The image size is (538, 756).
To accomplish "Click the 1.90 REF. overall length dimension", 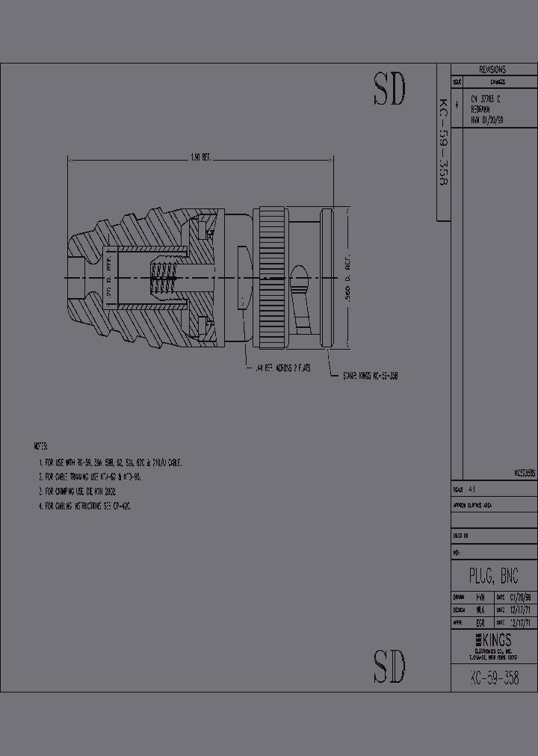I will [201, 157].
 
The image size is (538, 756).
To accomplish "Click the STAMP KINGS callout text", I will [370, 377].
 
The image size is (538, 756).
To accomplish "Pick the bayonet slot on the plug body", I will [300, 297].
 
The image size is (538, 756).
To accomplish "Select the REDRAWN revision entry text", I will [481, 108].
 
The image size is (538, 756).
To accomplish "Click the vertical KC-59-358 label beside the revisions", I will [443, 142].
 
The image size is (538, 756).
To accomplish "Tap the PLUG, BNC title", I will [492, 576].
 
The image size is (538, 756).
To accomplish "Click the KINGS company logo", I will [493, 640].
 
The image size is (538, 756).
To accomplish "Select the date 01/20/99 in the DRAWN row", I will [521, 598].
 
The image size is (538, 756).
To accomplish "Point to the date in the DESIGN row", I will [521, 610].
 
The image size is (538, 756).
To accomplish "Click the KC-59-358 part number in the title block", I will [494, 678].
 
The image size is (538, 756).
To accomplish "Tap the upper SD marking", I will [389, 90].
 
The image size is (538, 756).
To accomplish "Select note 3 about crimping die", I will [90, 492].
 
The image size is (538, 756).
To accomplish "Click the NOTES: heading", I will [41, 446].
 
